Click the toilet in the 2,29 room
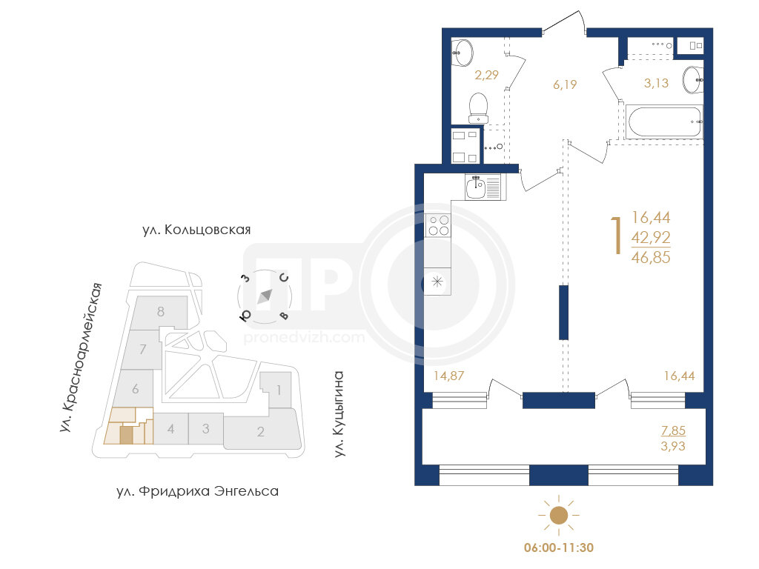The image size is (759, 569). [x=478, y=108]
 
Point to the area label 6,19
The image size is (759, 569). [x=565, y=84]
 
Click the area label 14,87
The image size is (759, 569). [x=448, y=376]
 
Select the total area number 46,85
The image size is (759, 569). [x=651, y=257]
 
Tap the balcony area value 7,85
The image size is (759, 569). [x=673, y=430]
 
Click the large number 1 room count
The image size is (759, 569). [x=616, y=236]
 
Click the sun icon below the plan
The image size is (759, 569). [x=559, y=516]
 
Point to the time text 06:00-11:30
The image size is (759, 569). [x=559, y=548]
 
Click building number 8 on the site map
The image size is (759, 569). [x=161, y=312]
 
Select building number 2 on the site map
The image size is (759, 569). [x=260, y=432]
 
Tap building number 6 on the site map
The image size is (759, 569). [x=136, y=388]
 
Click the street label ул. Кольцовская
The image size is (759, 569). [x=196, y=230]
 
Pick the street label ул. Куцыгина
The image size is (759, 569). [x=339, y=413]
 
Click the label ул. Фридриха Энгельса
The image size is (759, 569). [x=197, y=491]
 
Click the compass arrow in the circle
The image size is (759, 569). [x=265, y=296]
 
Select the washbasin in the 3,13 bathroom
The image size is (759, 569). [x=693, y=80]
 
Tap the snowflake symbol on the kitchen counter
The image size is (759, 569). [x=437, y=282]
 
